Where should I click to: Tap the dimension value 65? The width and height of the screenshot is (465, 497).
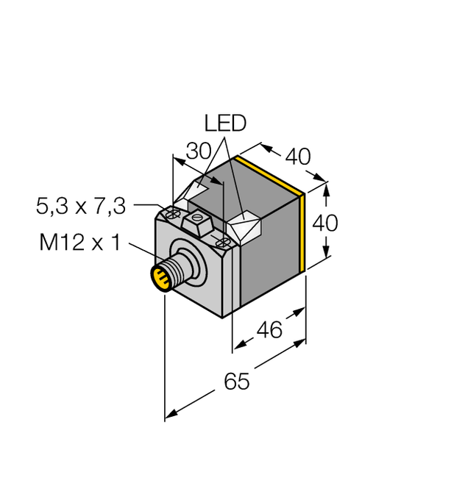236,382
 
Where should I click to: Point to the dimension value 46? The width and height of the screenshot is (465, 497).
270,330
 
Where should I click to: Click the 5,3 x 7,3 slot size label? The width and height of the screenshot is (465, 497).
81,207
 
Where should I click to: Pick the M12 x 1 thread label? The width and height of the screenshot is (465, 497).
79,242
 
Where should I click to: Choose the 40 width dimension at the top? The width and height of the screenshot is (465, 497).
297,157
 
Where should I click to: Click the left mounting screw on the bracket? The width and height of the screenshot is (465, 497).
174,213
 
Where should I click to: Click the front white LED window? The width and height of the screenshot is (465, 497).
245,226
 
